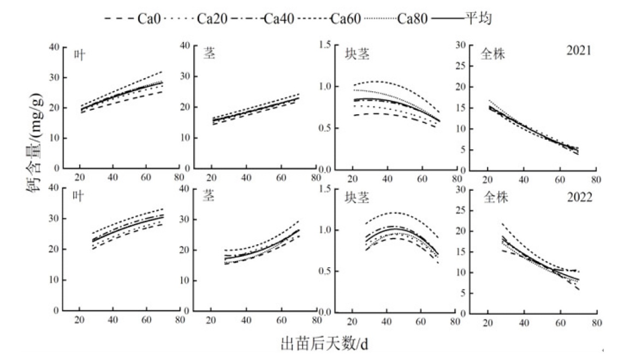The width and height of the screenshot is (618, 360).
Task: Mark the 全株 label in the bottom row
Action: coord(495,198)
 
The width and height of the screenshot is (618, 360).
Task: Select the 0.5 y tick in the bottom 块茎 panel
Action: coord(325,272)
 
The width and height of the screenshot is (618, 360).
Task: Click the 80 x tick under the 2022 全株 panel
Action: coord(597,322)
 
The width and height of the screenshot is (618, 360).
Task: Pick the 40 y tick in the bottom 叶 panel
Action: coord(55,188)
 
